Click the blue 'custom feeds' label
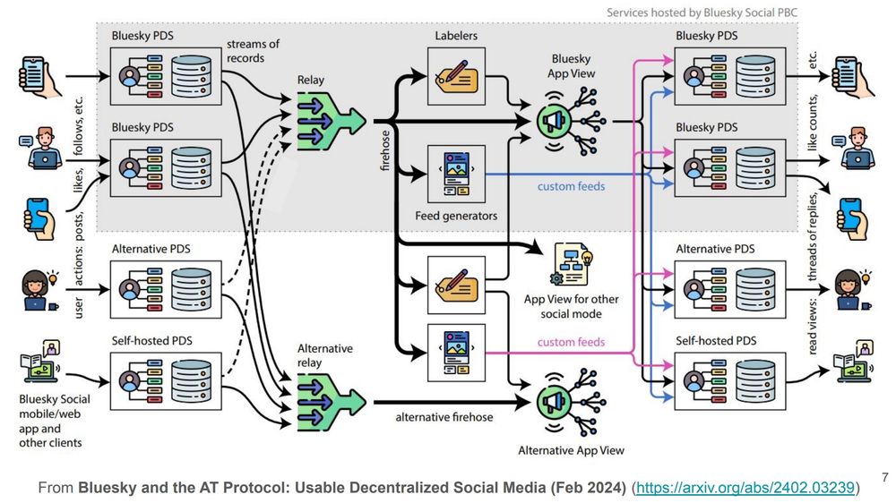pyautogui.click(x=571, y=186)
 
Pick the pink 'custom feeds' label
pyautogui.click(x=571, y=342)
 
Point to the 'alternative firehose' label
pyautogui.click(x=444, y=417)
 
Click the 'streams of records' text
pyautogui.click(x=253, y=52)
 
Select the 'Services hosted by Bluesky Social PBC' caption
pyautogui.click(x=701, y=13)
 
